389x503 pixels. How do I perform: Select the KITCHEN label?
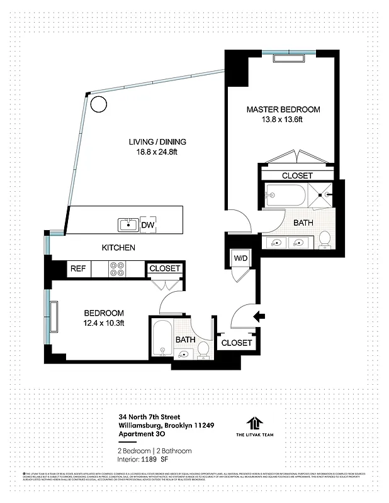pyautogui.click(x=118, y=248)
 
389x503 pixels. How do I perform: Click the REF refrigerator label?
pyautogui.click(x=77, y=268)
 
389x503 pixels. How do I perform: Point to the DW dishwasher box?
pyautogui.click(x=147, y=224)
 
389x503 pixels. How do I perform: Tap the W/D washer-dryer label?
pyautogui.click(x=239, y=257)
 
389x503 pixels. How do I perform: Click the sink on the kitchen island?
pyautogui.click(x=128, y=224)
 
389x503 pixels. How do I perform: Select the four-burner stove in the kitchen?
pyautogui.click(x=117, y=269)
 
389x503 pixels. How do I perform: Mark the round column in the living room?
pyautogui.click(x=98, y=103)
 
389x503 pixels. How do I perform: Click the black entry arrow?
pyautogui.click(x=259, y=316)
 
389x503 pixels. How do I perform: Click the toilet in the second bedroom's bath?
pyautogui.click(x=203, y=349)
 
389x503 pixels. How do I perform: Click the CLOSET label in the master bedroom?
pyautogui.click(x=297, y=175)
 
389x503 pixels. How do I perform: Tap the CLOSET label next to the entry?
pyautogui.click(x=237, y=343)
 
